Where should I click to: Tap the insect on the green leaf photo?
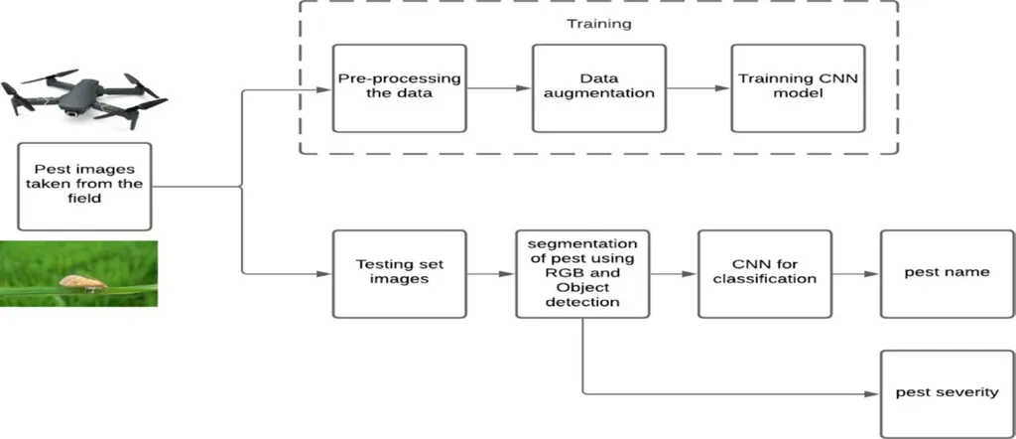tap(82, 283)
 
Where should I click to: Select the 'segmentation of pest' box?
tap(581, 273)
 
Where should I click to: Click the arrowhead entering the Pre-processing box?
tap(325, 88)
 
